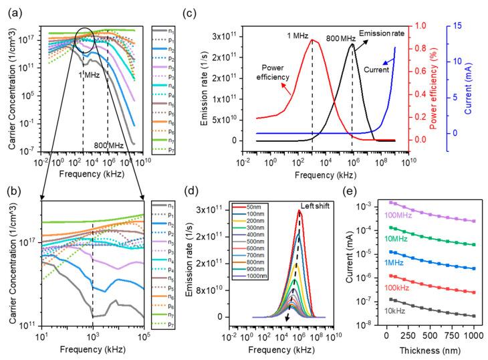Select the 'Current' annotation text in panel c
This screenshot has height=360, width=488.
[376, 68]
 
